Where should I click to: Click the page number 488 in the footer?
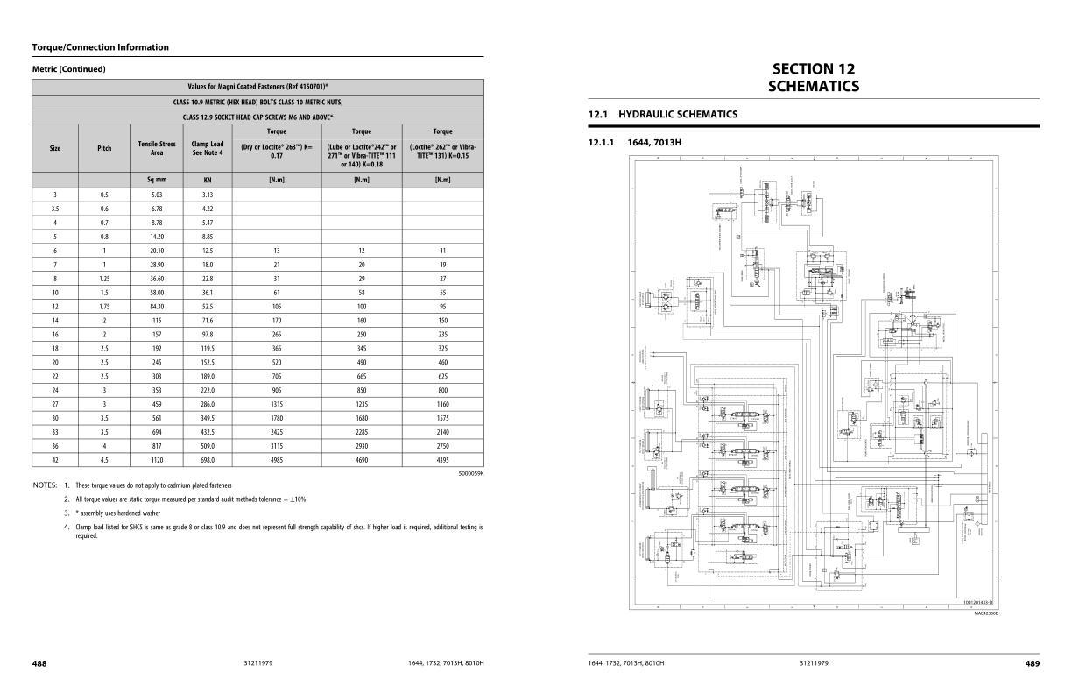pos(39,663)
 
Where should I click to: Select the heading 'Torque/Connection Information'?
pos(100,47)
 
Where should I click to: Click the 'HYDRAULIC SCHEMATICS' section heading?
pos(678,114)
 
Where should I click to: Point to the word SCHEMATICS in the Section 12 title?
pos(813,86)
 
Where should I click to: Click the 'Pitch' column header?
pos(104,148)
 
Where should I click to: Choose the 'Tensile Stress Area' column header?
pos(157,148)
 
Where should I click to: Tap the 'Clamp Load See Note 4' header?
pos(208,148)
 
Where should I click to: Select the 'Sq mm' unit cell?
pos(157,179)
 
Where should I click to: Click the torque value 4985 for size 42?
pos(276,459)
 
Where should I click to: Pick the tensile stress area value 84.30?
pos(157,306)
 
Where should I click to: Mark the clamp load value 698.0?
pos(208,459)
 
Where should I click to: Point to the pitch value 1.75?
pos(104,306)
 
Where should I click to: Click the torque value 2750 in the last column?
pos(442,445)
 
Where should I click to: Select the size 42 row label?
pos(55,459)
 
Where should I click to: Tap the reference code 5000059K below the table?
pos(470,473)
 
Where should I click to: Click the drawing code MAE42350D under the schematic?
pos(985,613)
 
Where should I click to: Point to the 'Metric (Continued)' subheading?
pos(68,69)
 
